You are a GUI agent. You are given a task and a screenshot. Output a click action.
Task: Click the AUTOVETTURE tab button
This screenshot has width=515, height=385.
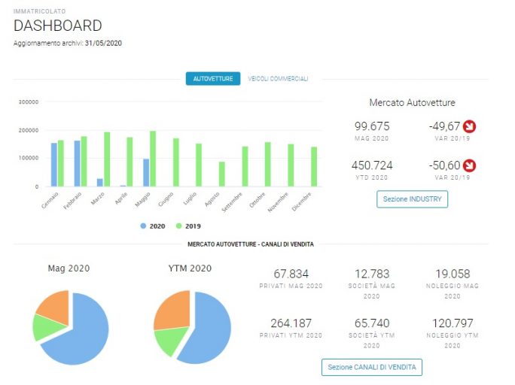click(x=213, y=79)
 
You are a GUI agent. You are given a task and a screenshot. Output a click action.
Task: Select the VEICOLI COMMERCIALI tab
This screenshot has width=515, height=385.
click(x=278, y=79)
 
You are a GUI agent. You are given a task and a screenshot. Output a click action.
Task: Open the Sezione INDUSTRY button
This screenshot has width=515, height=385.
click(x=412, y=199)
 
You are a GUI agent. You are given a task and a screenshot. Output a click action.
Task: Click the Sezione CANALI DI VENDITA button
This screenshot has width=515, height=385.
click(x=372, y=367)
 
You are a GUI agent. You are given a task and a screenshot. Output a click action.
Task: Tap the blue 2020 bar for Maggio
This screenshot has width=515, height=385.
click(x=146, y=172)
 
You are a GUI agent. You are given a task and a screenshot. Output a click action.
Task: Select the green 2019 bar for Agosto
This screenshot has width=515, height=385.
click(x=222, y=174)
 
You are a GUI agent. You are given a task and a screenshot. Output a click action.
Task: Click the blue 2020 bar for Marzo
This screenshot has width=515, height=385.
click(x=100, y=183)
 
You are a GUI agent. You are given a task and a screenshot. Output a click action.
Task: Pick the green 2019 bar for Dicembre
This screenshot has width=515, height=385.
click(x=314, y=167)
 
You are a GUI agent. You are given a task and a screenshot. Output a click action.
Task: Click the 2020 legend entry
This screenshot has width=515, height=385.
click(x=153, y=226)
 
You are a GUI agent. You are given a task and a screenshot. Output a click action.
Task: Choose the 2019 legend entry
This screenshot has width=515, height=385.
click(x=188, y=226)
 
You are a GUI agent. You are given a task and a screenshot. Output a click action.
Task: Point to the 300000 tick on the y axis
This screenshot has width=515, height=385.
click(x=29, y=102)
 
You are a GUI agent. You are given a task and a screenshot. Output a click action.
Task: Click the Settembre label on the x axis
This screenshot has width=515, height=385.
click(x=232, y=202)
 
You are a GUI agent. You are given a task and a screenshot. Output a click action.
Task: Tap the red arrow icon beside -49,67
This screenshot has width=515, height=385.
click(x=469, y=126)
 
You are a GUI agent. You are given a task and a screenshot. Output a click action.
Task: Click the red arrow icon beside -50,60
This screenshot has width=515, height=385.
click(x=469, y=165)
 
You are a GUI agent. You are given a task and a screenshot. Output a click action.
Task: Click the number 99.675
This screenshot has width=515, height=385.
click(x=372, y=126)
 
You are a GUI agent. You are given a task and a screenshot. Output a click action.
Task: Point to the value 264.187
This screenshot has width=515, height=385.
click(x=291, y=323)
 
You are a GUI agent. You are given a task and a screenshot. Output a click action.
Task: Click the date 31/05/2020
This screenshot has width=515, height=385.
click(x=103, y=44)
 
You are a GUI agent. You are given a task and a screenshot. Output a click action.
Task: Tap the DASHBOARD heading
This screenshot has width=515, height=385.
click(x=58, y=26)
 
